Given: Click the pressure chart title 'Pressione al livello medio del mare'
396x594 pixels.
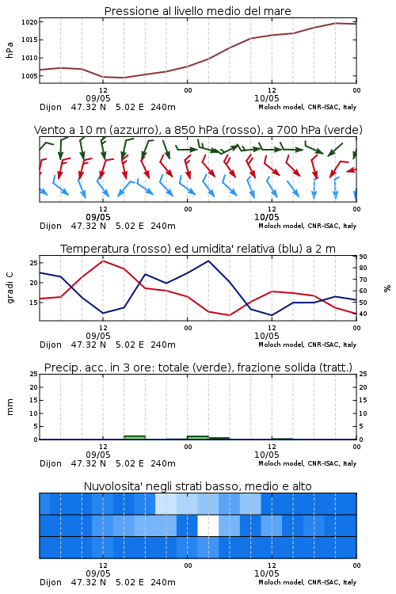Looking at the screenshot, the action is tap(197, 11).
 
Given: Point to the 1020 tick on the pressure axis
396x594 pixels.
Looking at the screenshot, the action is tap(29, 22).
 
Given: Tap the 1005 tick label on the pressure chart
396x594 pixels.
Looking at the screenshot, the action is tap(29, 76).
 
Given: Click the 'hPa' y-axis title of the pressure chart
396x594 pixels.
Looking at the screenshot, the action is tap(10, 50).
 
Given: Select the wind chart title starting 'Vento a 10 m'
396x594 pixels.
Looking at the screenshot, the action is tap(198, 130).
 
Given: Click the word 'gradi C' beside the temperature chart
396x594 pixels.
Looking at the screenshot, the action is tap(10, 288).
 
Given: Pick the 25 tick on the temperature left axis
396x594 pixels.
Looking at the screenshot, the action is tap(33, 262).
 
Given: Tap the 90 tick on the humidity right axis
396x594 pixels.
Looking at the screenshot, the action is tap(363, 257).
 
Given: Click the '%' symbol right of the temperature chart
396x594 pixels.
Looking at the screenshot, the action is tap(387, 288).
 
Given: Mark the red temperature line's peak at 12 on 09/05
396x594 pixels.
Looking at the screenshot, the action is tap(103, 261).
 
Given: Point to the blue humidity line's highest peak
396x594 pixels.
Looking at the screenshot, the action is tap(208, 261).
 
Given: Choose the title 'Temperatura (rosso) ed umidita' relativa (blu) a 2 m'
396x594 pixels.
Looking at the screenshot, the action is tap(198, 249).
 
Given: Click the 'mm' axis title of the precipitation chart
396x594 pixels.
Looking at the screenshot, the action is tap(10, 407).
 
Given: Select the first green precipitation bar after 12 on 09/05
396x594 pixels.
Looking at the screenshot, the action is tap(135, 437).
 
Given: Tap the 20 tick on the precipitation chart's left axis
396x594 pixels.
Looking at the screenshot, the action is tap(34, 386).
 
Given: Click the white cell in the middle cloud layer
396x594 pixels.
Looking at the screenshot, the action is tap(208, 525).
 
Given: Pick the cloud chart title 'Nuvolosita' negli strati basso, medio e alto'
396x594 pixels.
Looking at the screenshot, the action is tap(197, 486).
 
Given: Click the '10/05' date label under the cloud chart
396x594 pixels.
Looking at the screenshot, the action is tap(266, 573).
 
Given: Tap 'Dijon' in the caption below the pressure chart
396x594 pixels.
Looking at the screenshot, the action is tap(51, 107).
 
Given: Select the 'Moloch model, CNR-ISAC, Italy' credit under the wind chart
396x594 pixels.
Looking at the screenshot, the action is tap(307, 226).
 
